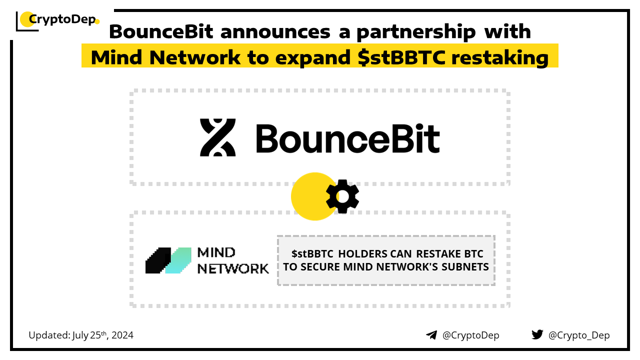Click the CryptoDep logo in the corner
[x=57, y=20]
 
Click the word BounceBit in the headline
[x=161, y=31]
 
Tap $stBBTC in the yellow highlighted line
[x=401, y=57]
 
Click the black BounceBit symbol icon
[x=217, y=137]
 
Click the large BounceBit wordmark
[x=347, y=138]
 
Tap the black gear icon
[x=342, y=196]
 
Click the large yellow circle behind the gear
[x=313, y=196]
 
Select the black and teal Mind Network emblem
[x=168, y=260]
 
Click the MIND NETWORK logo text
[x=233, y=260]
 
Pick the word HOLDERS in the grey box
[x=375, y=253]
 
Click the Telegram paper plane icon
[x=431, y=335]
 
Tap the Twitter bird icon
[x=537, y=334]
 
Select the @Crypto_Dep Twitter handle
[x=579, y=335]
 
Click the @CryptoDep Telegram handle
[x=471, y=335]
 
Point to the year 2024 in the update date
[x=122, y=335]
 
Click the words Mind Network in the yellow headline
[x=165, y=57]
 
